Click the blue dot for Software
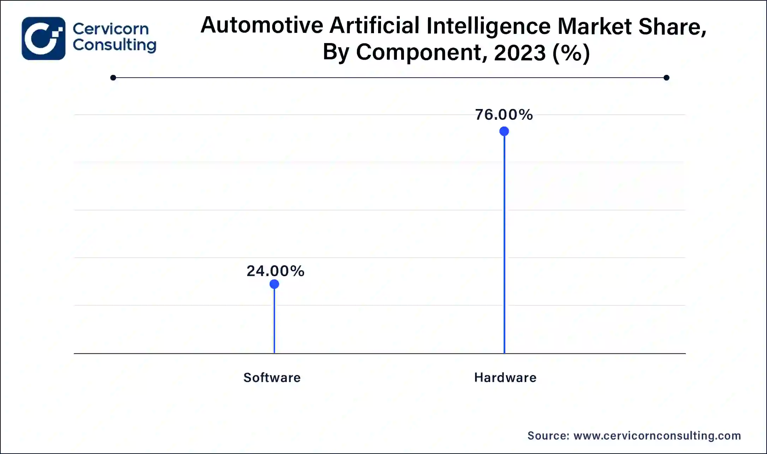coord(274,284)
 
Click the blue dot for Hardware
coord(504,131)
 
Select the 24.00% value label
coord(275,271)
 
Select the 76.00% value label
coord(504,115)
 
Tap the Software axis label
coord(272,378)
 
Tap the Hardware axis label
coord(505,378)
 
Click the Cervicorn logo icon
coord(43,38)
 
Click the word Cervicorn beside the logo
coord(111,29)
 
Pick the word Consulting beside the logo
coord(114,45)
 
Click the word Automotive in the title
coord(262,25)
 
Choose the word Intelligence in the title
coord(488,26)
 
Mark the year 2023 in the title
coord(520,53)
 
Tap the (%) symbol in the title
coord(571,53)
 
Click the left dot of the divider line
coord(113,78)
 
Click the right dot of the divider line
coord(666,78)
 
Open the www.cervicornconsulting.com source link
coord(657,436)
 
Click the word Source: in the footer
coord(548,436)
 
